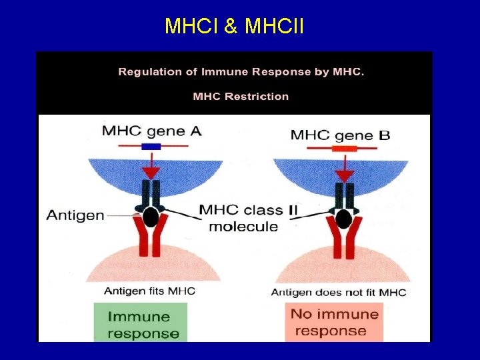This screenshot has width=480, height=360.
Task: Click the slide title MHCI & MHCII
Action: click(x=234, y=26)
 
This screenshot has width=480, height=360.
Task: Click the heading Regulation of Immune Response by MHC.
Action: click(x=241, y=72)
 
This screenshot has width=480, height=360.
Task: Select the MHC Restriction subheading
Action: click(x=241, y=97)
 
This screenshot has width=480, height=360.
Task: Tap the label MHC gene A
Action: click(x=151, y=131)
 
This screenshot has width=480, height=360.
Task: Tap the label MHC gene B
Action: click(x=340, y=135)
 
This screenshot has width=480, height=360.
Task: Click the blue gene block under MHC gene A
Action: click(x=151, y=146)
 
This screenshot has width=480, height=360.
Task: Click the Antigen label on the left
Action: click(x=75, y=215)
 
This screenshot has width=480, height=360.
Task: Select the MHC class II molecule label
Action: click(x=249, y=218)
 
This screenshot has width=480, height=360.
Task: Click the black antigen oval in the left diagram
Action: click(x=151, y=217)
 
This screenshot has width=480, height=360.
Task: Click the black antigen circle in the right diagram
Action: click(x=344, y=219)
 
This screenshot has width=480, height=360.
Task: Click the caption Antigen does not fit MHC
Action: click(x=339, y=293)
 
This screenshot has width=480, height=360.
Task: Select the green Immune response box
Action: click(x=141, y=325)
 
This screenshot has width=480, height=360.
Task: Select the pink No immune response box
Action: click(x=331, y=323)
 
